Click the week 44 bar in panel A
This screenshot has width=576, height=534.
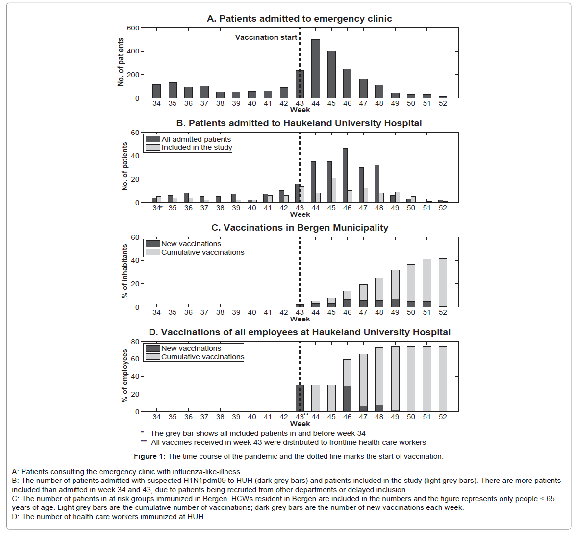[316, 69]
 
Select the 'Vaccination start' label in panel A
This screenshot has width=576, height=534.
[266, 37]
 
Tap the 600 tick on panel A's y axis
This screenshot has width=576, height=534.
[133, 28]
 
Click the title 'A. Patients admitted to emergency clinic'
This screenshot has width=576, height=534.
[300, 19]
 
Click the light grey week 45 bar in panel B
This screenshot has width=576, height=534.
[334, 190]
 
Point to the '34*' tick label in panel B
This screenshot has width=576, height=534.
[157, 208]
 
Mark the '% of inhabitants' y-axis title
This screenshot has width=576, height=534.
[125, 271]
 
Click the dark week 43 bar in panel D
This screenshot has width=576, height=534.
[300, 398]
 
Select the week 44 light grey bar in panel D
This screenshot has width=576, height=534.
[316, 398]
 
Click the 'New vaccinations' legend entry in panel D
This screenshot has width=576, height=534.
[191, 348]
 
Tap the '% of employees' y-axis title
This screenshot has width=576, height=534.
[125, 376]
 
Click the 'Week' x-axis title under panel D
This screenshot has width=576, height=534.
[300, 424]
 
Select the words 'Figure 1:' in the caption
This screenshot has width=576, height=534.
[150, 456]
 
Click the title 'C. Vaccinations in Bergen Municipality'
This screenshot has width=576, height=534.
[300, 228]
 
